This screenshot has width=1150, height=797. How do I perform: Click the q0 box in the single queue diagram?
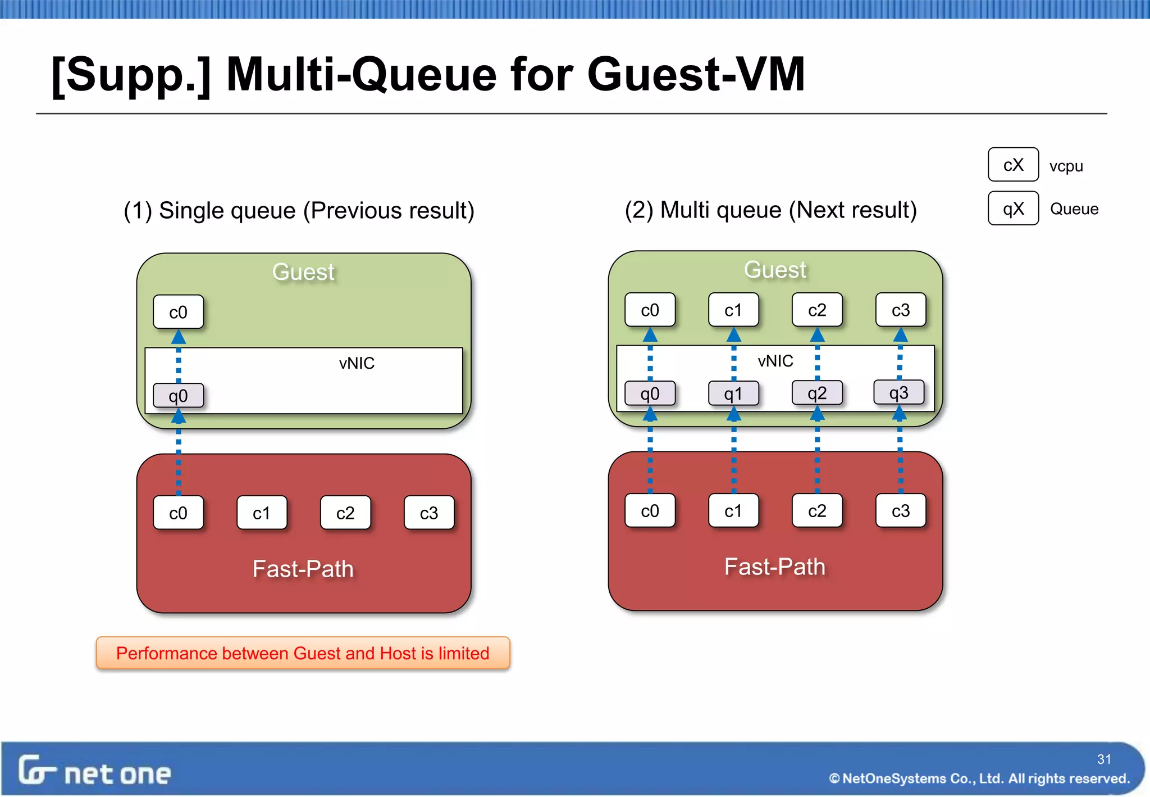[178, 396]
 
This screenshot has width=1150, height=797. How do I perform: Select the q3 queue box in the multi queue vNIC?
[898, 393]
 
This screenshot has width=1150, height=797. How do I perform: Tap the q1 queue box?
[733, 393]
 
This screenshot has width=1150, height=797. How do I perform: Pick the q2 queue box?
[816, 393]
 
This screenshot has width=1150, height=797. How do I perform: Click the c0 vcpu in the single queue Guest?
[178, 312]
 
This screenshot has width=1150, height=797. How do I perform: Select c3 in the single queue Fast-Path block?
[428, 513]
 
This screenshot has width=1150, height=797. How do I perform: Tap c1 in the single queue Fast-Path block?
[261, 513]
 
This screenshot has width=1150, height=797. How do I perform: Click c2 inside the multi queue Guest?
[816, 310]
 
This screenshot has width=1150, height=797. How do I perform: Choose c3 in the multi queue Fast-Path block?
[900, 510]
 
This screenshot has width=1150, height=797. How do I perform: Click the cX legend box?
[1013, 165]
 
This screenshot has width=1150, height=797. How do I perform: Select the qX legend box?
[1013, 209]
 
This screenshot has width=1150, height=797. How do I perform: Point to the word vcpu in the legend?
[1066, 166]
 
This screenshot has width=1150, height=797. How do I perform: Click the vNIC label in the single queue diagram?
[357, 363]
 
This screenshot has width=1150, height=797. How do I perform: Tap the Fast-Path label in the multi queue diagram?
[774, 567]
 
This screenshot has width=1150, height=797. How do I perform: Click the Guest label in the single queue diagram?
[303, 272]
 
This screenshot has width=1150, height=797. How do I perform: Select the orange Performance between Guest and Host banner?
[303, 653]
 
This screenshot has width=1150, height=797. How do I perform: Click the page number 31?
[1104, 759]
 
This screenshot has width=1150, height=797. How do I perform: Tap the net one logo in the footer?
[94, 771]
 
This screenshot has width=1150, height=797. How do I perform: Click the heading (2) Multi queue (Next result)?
[770, 210]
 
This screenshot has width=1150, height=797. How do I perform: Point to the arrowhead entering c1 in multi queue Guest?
[733, 336]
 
